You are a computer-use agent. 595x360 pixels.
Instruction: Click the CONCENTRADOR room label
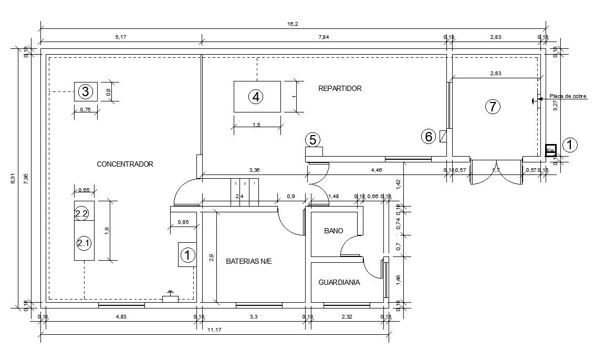pos(125,164)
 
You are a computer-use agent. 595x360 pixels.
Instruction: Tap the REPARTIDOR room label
pos(340,89)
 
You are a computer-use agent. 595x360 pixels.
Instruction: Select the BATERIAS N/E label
pos(248,261)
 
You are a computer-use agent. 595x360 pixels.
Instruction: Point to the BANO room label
pos(333,231)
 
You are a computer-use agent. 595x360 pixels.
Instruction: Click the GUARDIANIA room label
pos(339,282)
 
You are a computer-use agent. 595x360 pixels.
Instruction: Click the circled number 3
pos(86,92)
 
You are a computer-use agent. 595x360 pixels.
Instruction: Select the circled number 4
pos(256,97)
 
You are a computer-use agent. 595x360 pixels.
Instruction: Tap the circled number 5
pos(312,140)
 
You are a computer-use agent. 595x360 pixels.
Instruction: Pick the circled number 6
pos(429,137)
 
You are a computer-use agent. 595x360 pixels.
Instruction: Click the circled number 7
pos(492,107)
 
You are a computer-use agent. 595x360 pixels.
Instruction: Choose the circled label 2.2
pos(82,214)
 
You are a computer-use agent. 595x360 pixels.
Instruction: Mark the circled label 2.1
pos(83,243)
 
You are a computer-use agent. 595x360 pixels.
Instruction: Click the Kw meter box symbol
pos(550,150)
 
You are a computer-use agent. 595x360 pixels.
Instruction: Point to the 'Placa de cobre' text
pos(568,96)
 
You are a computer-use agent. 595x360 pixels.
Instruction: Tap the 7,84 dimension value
pos(323,37)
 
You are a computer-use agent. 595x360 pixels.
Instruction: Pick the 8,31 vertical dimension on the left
pos(14,179)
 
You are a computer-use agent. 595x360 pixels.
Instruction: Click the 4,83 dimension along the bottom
pos(121,316)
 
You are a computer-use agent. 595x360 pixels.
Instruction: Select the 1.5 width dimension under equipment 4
pos(256,125)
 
